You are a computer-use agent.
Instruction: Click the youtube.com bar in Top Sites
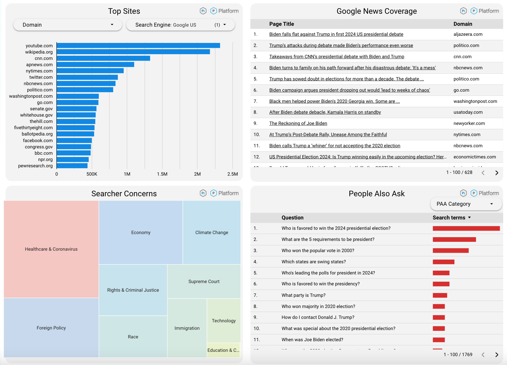(138, 46)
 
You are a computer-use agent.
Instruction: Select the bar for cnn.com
(103, 58)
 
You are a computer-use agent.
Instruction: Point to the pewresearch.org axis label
(35, 166)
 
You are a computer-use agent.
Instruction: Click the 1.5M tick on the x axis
(162, 174)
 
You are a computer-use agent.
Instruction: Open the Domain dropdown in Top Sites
(68, 25)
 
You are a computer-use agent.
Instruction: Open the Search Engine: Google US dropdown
(180, 25)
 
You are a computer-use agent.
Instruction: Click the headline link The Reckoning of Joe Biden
(298, 123)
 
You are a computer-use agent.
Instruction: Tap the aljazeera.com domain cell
(468, 34)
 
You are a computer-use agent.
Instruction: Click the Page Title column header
(281, 24)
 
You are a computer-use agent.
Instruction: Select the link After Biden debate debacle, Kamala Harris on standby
(325, 112)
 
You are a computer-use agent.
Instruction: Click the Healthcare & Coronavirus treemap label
(51, 249)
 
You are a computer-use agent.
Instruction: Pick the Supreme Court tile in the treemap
(204, 281)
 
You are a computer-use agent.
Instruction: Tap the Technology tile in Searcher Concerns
(224, 321)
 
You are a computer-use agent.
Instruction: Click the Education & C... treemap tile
(223, 350)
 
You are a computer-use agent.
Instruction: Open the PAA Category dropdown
(466, 204)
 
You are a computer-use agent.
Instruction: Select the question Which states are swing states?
(314, 262)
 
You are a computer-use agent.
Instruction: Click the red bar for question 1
(466, 228)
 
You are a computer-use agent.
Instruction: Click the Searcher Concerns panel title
(124, 194)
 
